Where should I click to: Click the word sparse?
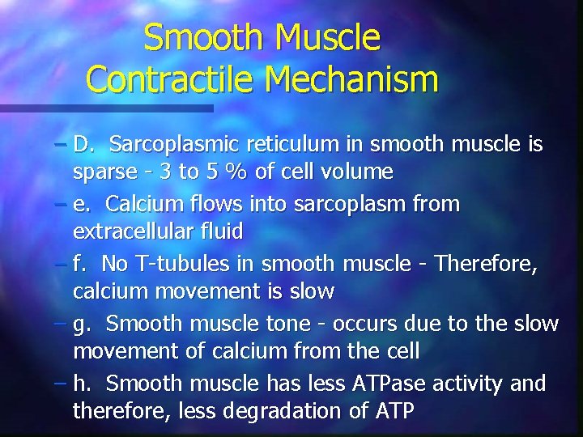point(99,172)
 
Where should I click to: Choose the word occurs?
point(367,324)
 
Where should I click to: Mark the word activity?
point(470,383)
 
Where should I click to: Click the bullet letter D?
point(83,145)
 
